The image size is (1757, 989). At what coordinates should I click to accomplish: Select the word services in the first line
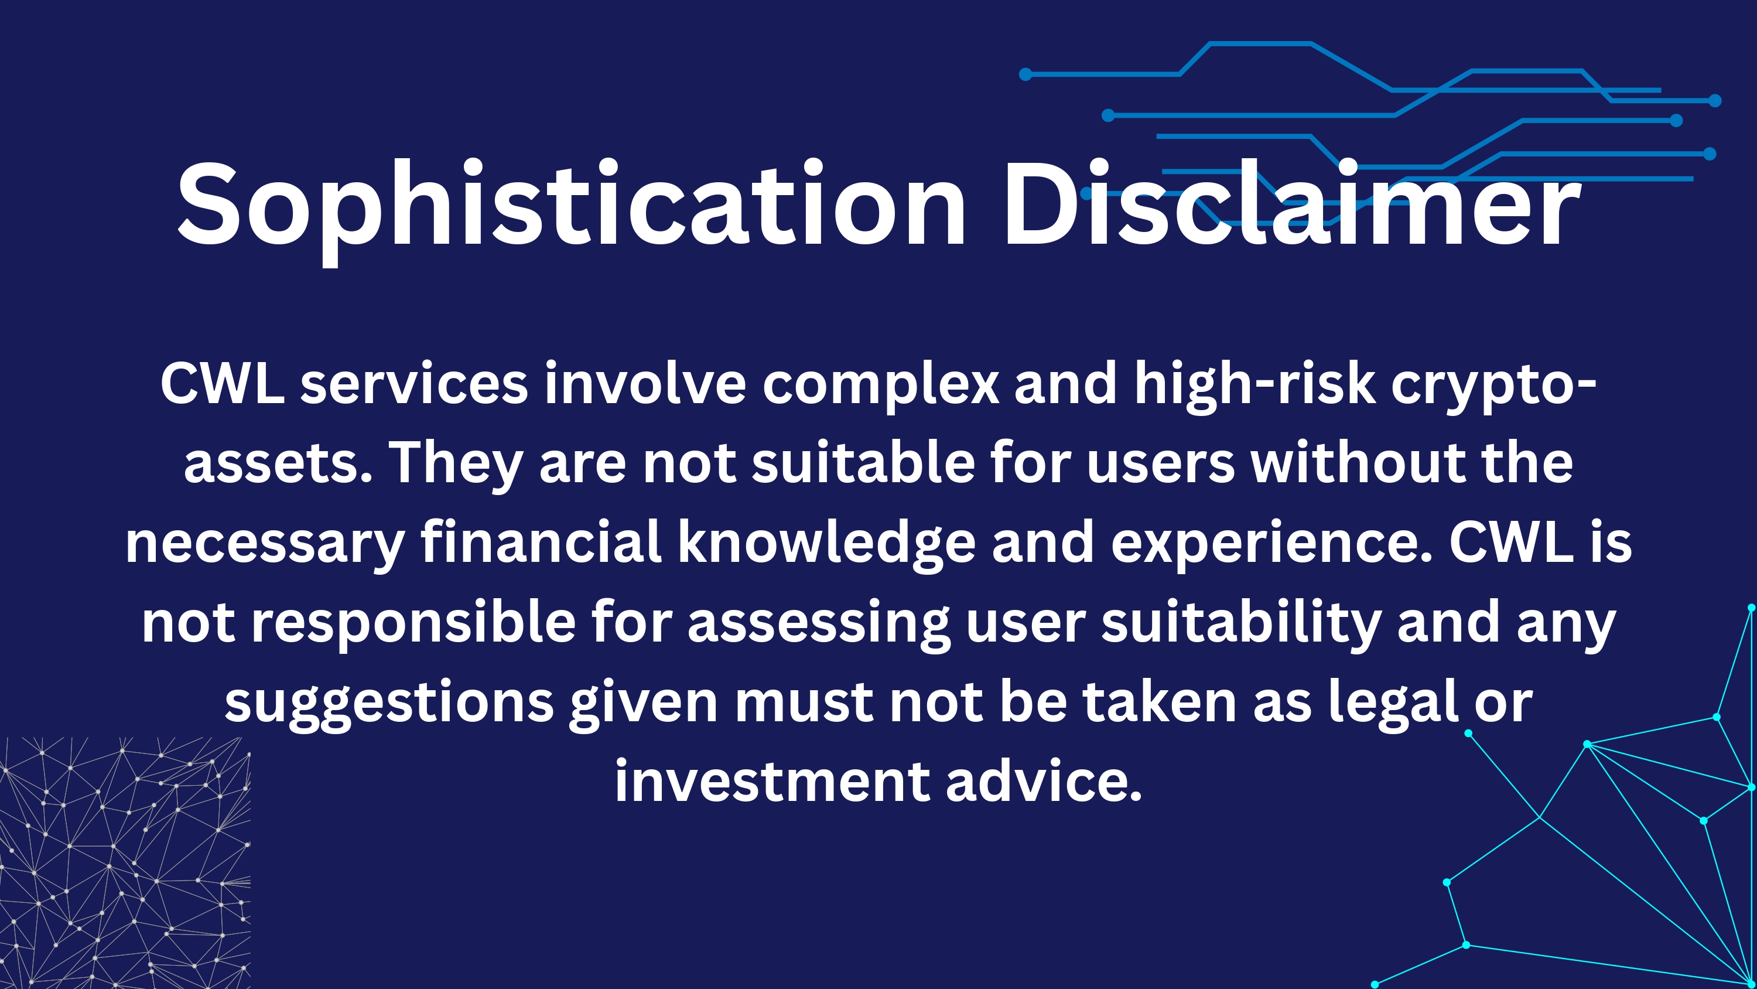pyautogui.click(x=414, y=384)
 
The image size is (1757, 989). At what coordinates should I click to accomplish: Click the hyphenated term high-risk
pyautogui.click(x=1255, y=384)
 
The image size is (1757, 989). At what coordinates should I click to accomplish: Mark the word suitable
pyautogui.click(x=863, y=462)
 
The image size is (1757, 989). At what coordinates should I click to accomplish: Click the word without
pyautogui.click(x=1358, y=462)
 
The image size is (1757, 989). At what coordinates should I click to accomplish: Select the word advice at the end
pyautogui.click(x=1044, y=780)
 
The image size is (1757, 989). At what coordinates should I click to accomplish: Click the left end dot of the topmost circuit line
pyautogui.click(x=1025, y=74)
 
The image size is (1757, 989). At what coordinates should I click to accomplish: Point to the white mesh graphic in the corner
pyautogui.click(x=125, y=862)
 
